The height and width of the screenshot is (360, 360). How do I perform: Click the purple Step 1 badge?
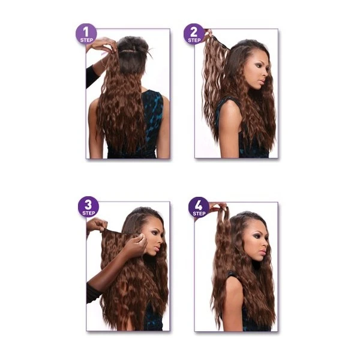pyautogui.click(x=86, y=34)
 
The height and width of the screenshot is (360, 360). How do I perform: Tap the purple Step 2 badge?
pyautogui.click(x=194, y=34)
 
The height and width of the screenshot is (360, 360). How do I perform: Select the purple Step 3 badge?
pyautogui.click(x=88, y=206)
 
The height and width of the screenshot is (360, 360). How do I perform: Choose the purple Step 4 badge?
pyautogui.click(x=199, y=208)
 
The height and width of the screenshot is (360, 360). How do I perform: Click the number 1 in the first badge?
pyautogui.click(x=86, y=32)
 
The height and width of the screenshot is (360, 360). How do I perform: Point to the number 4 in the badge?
pyautogui.click(x=199, y=206)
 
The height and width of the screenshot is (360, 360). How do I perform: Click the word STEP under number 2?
pyautogui.click(x=194, y=40)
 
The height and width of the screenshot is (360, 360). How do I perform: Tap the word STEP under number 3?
pyautogui.click(x=89, y=213)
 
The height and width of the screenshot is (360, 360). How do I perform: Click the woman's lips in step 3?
pyautogui.click(x=158, y=248)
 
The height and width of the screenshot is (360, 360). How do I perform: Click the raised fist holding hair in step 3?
pyautogui.click(x=97, y=225)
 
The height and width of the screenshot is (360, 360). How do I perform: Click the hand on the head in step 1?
pyautogui.click(x=104, y=44)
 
